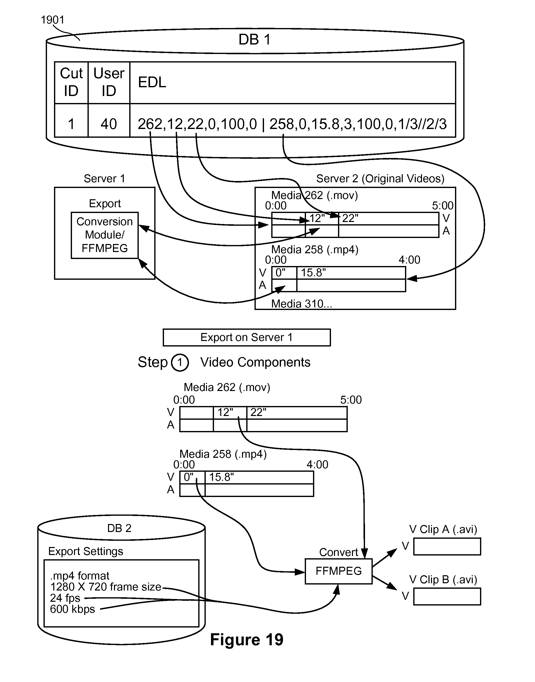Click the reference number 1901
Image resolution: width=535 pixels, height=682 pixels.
coord(52,20)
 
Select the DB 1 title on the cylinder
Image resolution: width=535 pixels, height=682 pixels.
coord(254,40)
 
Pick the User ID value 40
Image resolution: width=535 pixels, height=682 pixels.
coord(109,124)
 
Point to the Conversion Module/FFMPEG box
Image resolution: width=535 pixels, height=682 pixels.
coord(104,235)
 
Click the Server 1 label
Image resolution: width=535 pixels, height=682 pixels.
coord(104,178)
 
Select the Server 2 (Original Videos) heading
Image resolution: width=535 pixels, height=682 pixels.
coord(380,178)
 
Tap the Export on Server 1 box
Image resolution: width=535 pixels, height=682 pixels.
coord(246,337)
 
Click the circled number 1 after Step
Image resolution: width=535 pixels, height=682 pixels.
coord(180,363)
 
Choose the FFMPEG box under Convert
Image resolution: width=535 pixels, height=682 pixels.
coord(338,571)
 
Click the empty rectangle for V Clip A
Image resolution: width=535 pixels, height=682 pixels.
coord(447,547)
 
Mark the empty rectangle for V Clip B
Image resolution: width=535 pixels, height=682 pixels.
coord(447,596)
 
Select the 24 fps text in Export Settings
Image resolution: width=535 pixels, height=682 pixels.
coord(65,598)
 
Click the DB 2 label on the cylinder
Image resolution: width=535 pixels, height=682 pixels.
coord(119,528)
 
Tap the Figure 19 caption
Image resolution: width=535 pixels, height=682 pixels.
coord(246,640)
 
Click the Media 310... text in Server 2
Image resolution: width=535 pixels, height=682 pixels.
coord(301,304)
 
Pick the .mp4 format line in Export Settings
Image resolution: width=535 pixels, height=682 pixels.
coord(79,576)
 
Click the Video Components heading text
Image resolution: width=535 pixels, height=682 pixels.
coord(255,362)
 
